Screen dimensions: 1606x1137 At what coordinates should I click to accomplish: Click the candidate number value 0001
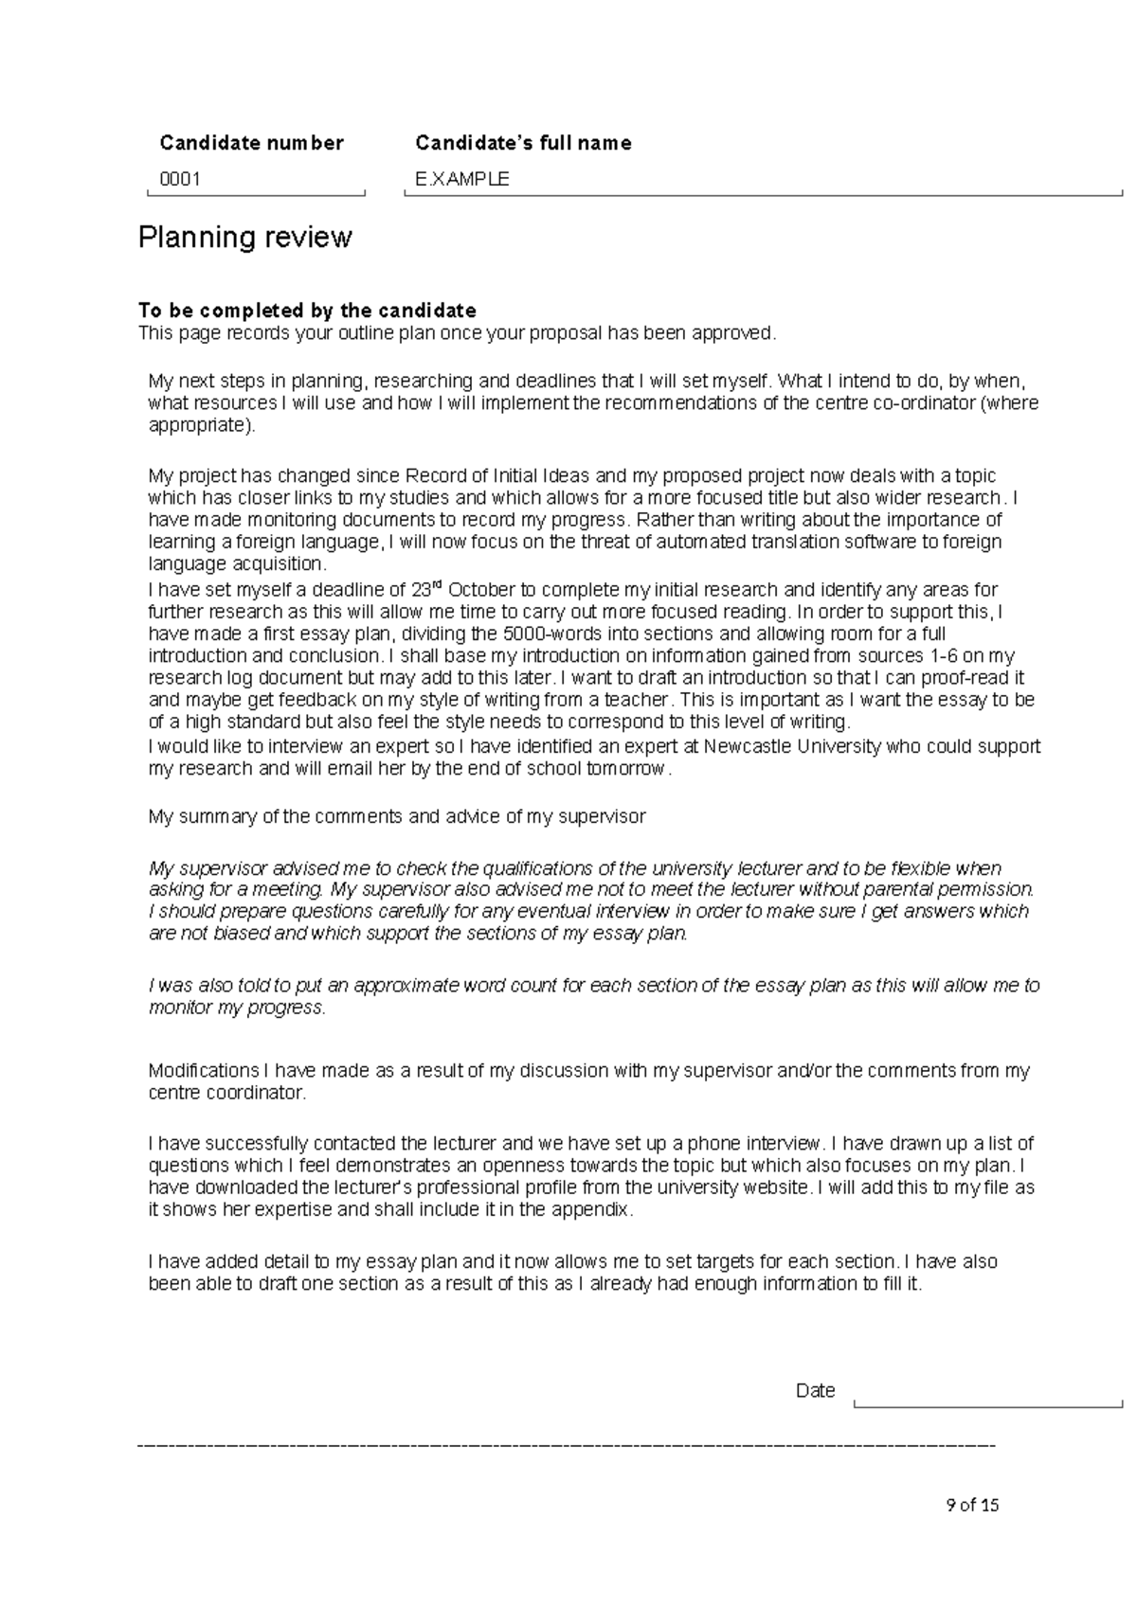[180, 179]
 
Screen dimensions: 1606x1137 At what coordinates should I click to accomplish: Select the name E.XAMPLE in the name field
[462, 179]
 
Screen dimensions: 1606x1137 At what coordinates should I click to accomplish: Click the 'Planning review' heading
[245, 237]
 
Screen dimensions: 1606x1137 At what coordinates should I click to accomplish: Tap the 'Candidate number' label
[251, 143]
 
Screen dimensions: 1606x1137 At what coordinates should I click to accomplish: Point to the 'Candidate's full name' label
[523, 143]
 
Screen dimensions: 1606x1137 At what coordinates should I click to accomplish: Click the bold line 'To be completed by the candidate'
[307, 311]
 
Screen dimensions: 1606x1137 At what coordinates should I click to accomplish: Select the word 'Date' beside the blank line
[815, 1391]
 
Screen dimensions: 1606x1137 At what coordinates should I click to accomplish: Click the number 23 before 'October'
[422, 590]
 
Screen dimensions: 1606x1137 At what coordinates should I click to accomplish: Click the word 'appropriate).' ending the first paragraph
[202, 425]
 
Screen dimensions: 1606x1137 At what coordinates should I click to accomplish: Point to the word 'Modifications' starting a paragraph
[204, 1071]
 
